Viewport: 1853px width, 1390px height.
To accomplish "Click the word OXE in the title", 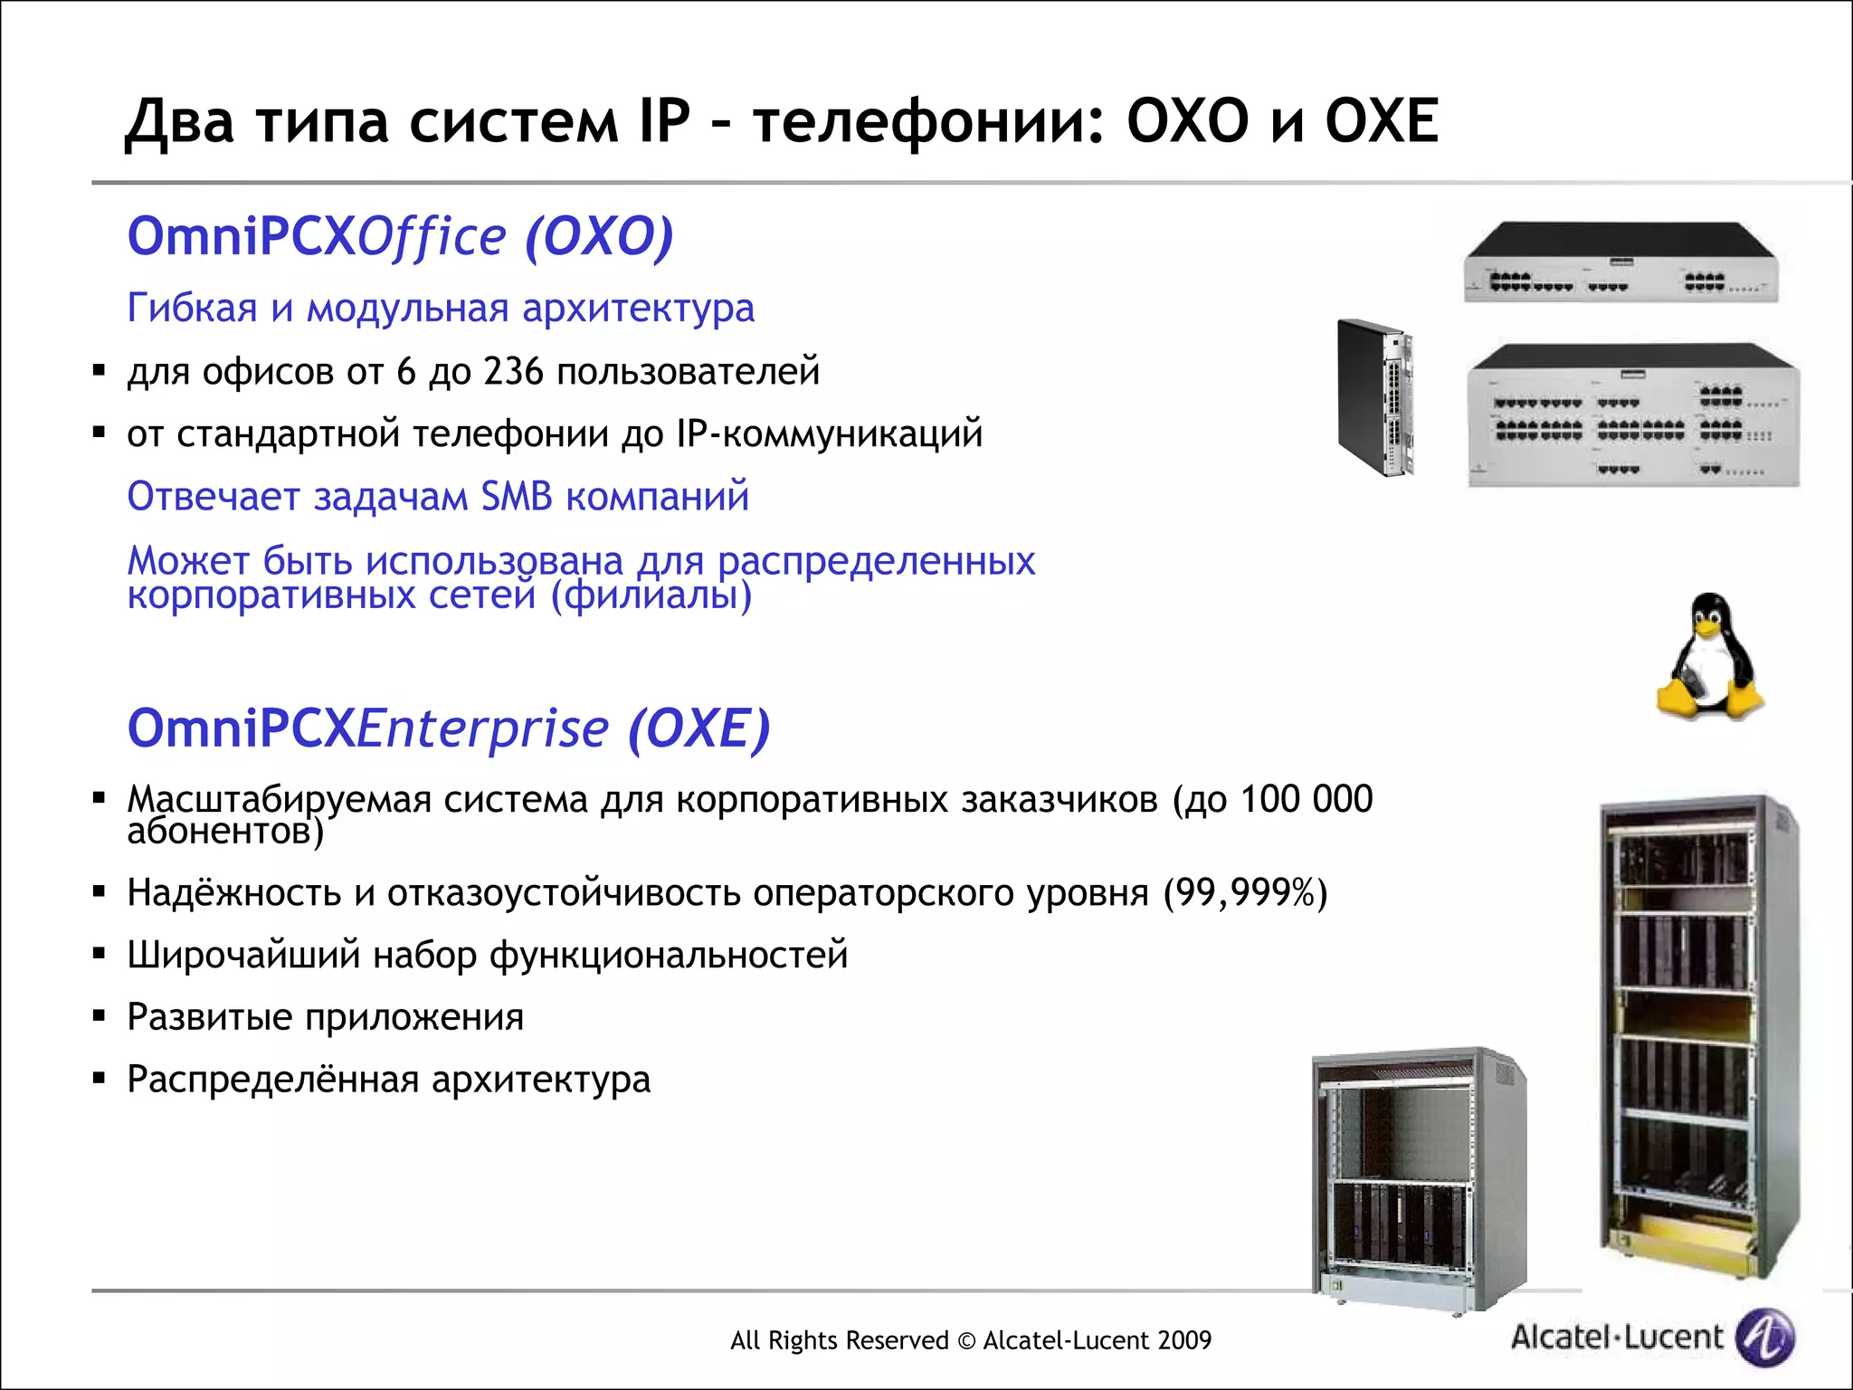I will [1381, 121].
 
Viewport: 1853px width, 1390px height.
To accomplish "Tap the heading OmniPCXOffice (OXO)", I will [400, 237].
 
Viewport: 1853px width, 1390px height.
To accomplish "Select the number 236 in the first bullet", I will [513, 372].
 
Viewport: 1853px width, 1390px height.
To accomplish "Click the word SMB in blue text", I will [516, 497].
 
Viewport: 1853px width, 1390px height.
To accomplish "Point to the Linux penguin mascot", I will [1709, 658].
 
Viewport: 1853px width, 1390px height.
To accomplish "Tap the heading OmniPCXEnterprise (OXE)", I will [448, 728].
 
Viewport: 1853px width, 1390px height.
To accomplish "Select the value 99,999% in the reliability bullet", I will [1244, 893].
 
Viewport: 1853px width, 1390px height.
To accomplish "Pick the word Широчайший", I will [243, 956].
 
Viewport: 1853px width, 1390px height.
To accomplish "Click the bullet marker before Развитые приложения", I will [100, 1016].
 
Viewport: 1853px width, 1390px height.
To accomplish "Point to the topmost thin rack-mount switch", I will [1620, 262].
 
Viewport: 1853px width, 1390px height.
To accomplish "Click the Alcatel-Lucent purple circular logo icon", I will [1764, 1337].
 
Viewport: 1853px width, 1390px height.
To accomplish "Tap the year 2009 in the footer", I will [1182, 1340].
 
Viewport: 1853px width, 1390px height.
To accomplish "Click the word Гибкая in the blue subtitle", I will [192, 309].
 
